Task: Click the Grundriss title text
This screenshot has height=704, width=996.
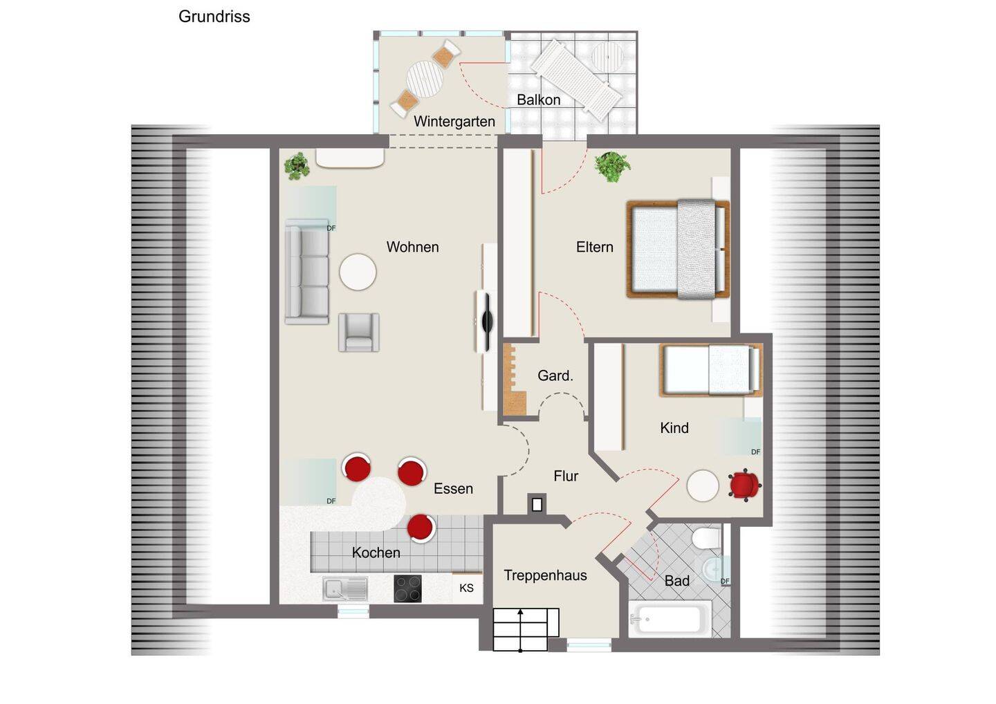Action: click(x=214, y=17)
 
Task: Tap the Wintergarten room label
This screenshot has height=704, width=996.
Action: click(x=454, y=122)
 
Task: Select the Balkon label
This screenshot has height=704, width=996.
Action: click(x=538, y=100)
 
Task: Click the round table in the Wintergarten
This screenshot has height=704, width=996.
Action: click(x=424, y=80)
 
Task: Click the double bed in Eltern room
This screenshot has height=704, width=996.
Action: click(x=678, y=249)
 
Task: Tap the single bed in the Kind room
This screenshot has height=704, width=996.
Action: click(x=710, y=370)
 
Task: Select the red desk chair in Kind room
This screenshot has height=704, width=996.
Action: click(x=744, y=485)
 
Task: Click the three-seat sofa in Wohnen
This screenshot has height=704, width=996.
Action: click(x=307, y=272)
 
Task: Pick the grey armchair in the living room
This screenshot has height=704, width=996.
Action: click(x=358, y=332)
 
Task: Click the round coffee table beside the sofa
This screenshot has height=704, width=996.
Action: click(x=358, y=272)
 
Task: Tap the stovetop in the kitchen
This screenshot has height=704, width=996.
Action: click(x=407, y=589)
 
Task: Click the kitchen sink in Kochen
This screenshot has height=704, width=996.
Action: click(x=344, y=589)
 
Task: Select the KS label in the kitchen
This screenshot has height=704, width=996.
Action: click(x=467, y=588)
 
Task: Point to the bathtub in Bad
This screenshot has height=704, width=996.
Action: click(x=670, y=618)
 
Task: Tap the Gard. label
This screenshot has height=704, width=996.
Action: click(x=555, y=376)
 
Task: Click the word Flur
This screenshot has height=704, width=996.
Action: click(x=566, y=476)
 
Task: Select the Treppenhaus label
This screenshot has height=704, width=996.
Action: click(x=545, y=575)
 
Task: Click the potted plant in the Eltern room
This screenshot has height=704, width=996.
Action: click(x=613, y=166)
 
